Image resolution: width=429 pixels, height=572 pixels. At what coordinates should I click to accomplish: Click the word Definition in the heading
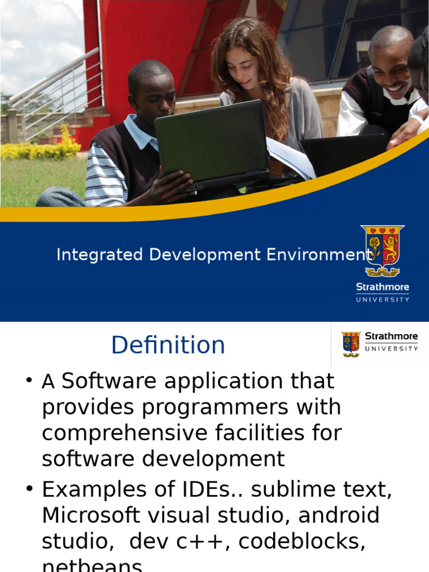(168, 345)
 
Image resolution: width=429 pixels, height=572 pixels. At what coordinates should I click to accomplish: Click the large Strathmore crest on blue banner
(383, 251)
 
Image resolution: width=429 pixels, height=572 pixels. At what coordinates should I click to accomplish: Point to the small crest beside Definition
(351, 344)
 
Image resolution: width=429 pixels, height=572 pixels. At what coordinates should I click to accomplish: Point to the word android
(339, 516)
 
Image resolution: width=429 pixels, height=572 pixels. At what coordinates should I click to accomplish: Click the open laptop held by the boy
(212, 144)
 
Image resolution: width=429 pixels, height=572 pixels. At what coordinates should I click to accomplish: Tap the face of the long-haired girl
(243, 68)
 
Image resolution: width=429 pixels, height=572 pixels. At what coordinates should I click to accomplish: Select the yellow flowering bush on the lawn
(42, 149)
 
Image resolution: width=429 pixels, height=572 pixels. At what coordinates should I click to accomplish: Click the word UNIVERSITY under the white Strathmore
(383, 299)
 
